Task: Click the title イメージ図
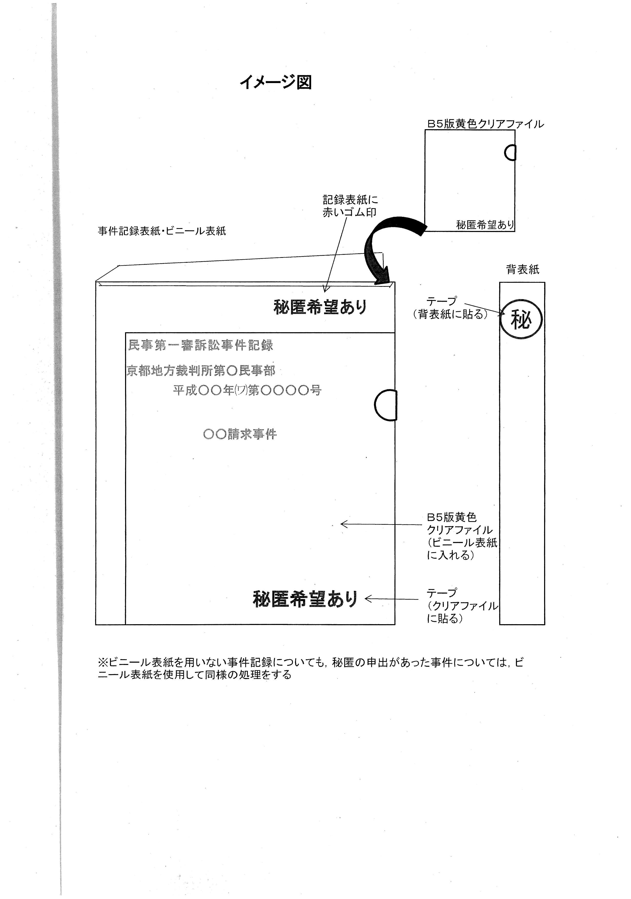click(276, 82)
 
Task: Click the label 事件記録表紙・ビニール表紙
click(162, 231)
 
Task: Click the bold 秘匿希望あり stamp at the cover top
click(320, 307)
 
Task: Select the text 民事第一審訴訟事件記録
click(200, 345)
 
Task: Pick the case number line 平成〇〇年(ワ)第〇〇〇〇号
click(247, 390)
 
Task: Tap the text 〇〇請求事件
click(240, 434)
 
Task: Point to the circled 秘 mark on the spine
click(521, 320)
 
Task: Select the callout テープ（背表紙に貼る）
click(450, 308)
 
